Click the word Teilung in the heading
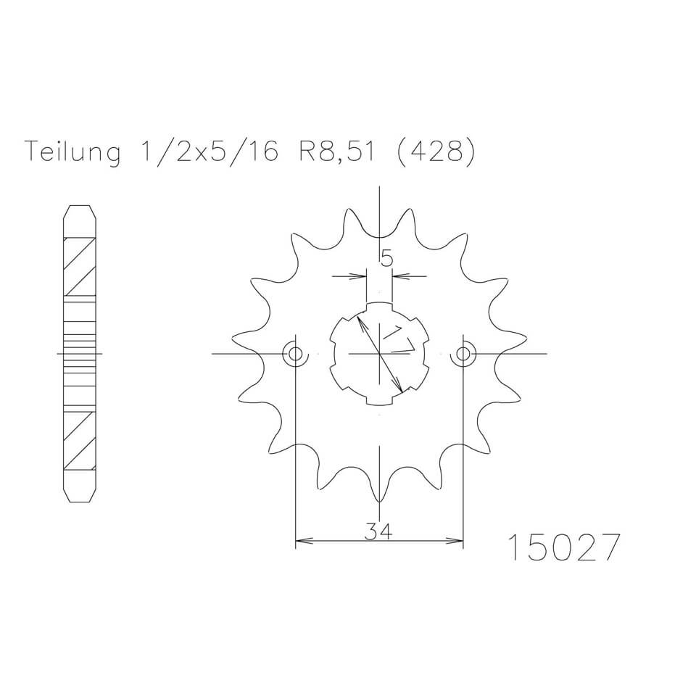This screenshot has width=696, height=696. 72,153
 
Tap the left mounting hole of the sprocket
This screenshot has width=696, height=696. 295,354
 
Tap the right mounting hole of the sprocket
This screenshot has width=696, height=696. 463,354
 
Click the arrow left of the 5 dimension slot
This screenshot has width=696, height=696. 359,275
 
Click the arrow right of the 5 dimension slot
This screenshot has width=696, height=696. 399,275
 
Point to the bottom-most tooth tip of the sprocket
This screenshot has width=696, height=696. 379,501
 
